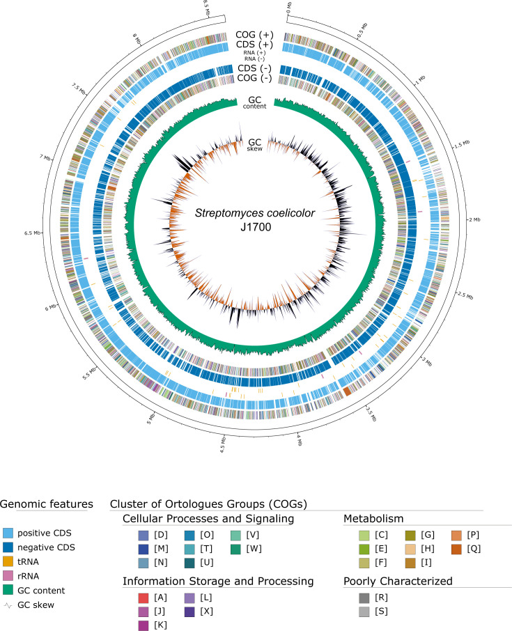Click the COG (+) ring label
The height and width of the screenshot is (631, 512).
254,33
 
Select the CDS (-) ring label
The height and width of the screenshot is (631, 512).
254,69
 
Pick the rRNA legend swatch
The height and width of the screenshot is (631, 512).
10,576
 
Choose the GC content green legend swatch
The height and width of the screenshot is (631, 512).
10,591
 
